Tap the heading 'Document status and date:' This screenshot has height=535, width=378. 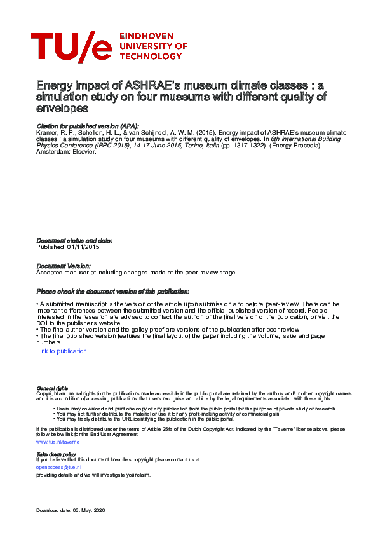(74, 241)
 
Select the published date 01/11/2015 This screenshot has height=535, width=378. (81, 247)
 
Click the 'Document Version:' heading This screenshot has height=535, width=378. (64, 266)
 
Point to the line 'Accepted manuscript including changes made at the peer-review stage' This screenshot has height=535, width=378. (135, 272)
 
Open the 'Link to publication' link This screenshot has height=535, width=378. (62, 351)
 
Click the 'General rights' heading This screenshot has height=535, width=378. (52, 388)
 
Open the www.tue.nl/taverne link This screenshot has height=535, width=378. (58, 440)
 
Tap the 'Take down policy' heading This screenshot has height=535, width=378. (57, 454)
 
